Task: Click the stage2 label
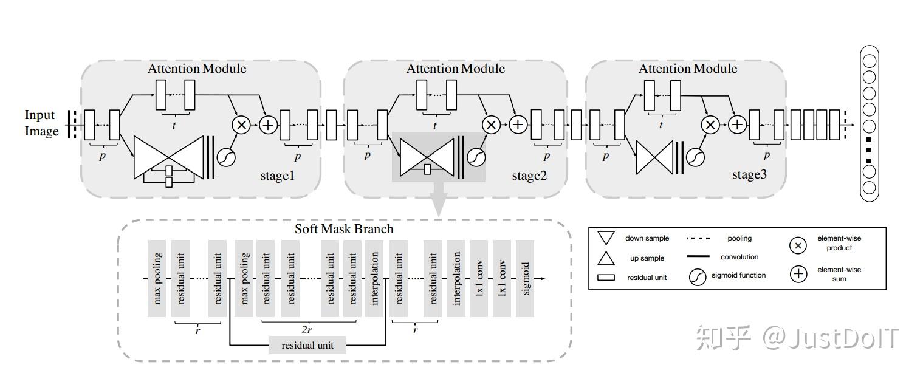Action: pos(530,176)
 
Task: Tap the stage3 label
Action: pos(749,175)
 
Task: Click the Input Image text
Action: pos(41,123)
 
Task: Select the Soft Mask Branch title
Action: pos(344,229)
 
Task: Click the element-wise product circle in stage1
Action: pos(241,125)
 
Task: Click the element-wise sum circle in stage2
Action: pos(518,125)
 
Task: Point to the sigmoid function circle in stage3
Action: pos(695,157)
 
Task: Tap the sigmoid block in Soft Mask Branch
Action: pos(525,278)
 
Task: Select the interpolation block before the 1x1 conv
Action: pos(456,278)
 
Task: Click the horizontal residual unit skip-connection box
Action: pos(307,346)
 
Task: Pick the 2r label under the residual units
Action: pos(306,330)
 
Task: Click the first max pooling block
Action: pos(157,278)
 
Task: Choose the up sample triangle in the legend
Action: pos(606,258)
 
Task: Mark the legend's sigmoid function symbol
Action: pos(698,277)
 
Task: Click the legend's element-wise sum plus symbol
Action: pos(798,274)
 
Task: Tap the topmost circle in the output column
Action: pos(870,61)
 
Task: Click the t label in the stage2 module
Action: pos(434,126)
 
